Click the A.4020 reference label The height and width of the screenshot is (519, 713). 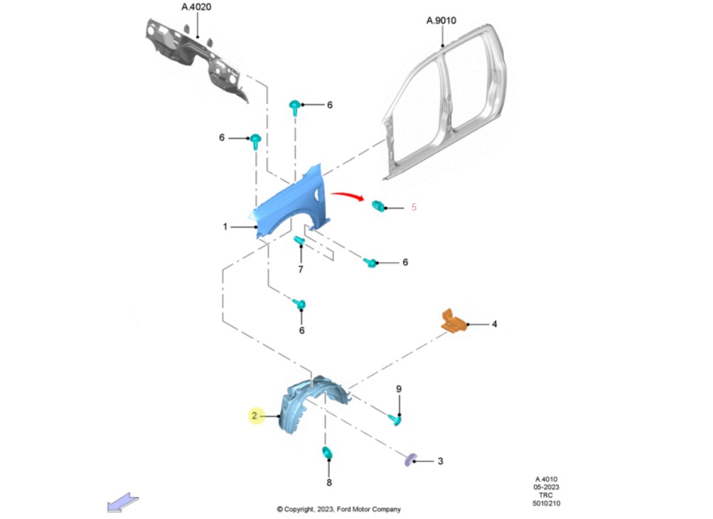[x=196, y=7]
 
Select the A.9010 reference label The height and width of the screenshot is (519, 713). [x=441, y=21]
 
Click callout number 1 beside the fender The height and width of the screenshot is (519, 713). [x=225, y=227]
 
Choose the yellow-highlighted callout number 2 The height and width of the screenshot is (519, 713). [x=255, y=415]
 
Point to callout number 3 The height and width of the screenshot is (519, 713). [x=440, y=461]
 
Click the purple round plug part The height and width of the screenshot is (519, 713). [x=409, y=460]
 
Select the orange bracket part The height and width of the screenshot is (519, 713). [x=453, y=321]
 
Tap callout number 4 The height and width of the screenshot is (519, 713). [x=494, y=324]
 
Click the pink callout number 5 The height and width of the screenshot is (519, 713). [x=414, y=208]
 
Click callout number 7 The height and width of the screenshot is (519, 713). [x=301, y=269]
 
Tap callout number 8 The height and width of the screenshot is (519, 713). [x=329, y=483]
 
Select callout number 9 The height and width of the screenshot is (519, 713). [x=399, y=389]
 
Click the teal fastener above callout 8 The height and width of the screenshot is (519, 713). [x=328, y=454]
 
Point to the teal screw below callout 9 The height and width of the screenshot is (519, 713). [x=395, y=420]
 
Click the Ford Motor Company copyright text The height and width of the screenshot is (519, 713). [x=338, y=509]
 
